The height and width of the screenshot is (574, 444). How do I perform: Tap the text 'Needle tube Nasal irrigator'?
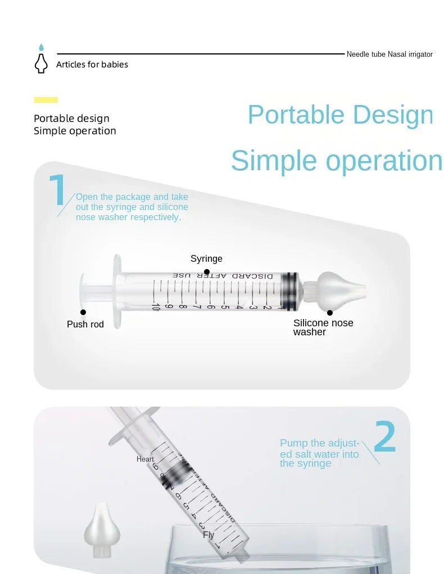(x=389, y=54)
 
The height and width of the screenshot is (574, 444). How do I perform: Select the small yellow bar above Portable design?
(x=46, y=100)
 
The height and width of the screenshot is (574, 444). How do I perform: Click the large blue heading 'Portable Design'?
(x=341, y=115)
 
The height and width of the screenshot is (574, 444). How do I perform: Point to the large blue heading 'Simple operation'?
(x=337, y=161)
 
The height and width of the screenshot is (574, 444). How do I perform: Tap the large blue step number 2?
(x=384, y=438)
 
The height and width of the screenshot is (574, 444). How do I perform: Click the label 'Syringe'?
(x=206, y=259)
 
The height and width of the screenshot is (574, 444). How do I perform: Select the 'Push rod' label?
(x=85, y=325)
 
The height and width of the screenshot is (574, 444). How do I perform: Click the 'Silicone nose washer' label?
(x=323, y=327)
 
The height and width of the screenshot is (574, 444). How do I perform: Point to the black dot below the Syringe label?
(x=207, y=272)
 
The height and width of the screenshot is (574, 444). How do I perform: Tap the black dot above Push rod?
(x=83, y=312)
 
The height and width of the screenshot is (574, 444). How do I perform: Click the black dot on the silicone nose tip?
(x=330, y=313)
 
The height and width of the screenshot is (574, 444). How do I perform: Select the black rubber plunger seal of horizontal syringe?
(x=290, y=291)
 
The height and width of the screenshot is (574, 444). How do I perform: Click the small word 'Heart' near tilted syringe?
(x=145, y=459)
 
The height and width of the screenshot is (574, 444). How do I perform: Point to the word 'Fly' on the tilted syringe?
(x=209, y=535)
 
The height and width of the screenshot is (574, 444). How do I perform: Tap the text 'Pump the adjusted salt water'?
(x=319, y=453)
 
